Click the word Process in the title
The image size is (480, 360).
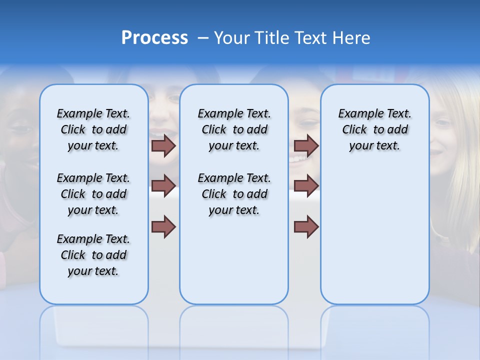[x=154, y=38]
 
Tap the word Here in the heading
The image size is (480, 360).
[x=350, y=38]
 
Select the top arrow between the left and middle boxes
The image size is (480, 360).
[x=163, y=146]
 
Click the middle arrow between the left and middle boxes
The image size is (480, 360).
[x=163, y=186]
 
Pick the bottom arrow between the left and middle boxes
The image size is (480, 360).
[x=163, y=226]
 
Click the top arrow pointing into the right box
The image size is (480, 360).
[x=306, y=146]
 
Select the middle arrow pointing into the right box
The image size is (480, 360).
[x=306, y=186]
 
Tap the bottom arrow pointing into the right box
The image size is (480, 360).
[x=306, y=226]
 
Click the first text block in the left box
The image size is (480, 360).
[x=93, y=129]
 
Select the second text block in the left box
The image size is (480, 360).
[x=93, y=194]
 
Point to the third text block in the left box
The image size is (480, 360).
[x=93, y=255]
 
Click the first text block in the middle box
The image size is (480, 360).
[x=234, y=129]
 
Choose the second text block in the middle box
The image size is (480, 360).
[x=234, y=194]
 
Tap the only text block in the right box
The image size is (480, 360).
[x=374, y=129]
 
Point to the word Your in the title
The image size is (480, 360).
[x=231, y=38]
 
